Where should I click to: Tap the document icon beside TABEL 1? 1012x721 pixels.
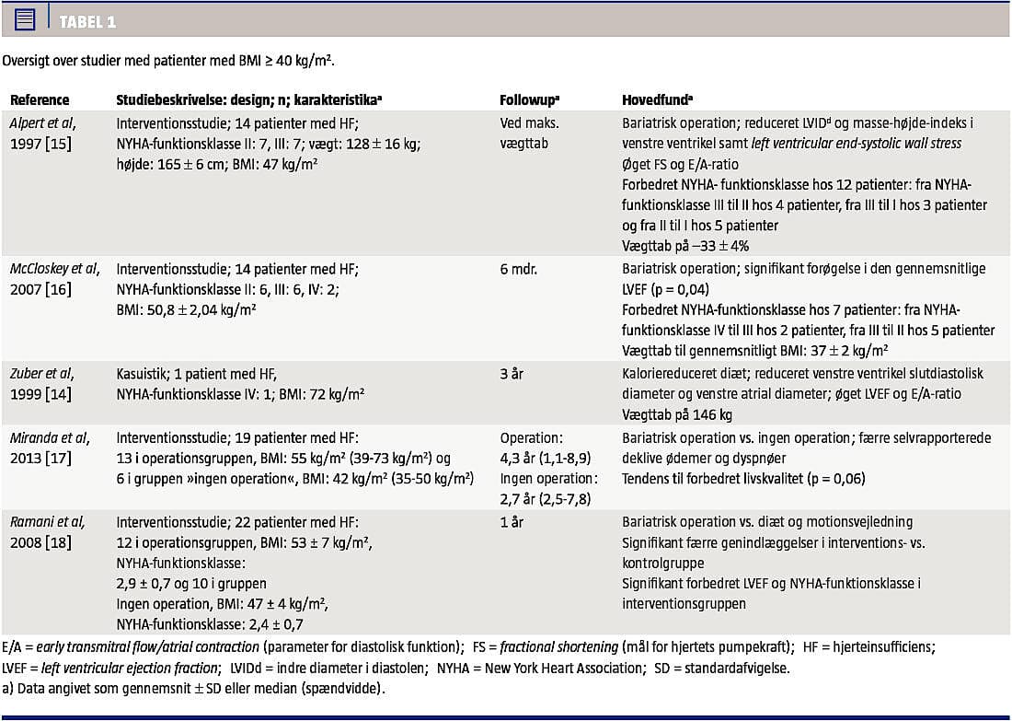[x=25, y=19]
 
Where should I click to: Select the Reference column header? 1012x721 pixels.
[x=40, y=100]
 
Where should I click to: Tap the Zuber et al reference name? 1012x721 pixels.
[x=42, y=373]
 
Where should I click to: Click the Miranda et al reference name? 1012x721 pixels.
[x=49, y=438]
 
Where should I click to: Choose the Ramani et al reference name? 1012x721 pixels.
[x=47, y=521]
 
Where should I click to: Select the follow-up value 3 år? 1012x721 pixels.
[x=513, y=373]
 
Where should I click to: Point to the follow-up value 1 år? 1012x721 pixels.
[x=513, y=521]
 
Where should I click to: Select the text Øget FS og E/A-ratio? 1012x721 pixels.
[x=680, y=164]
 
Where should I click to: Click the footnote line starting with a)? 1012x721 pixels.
[x=194, y=689]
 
